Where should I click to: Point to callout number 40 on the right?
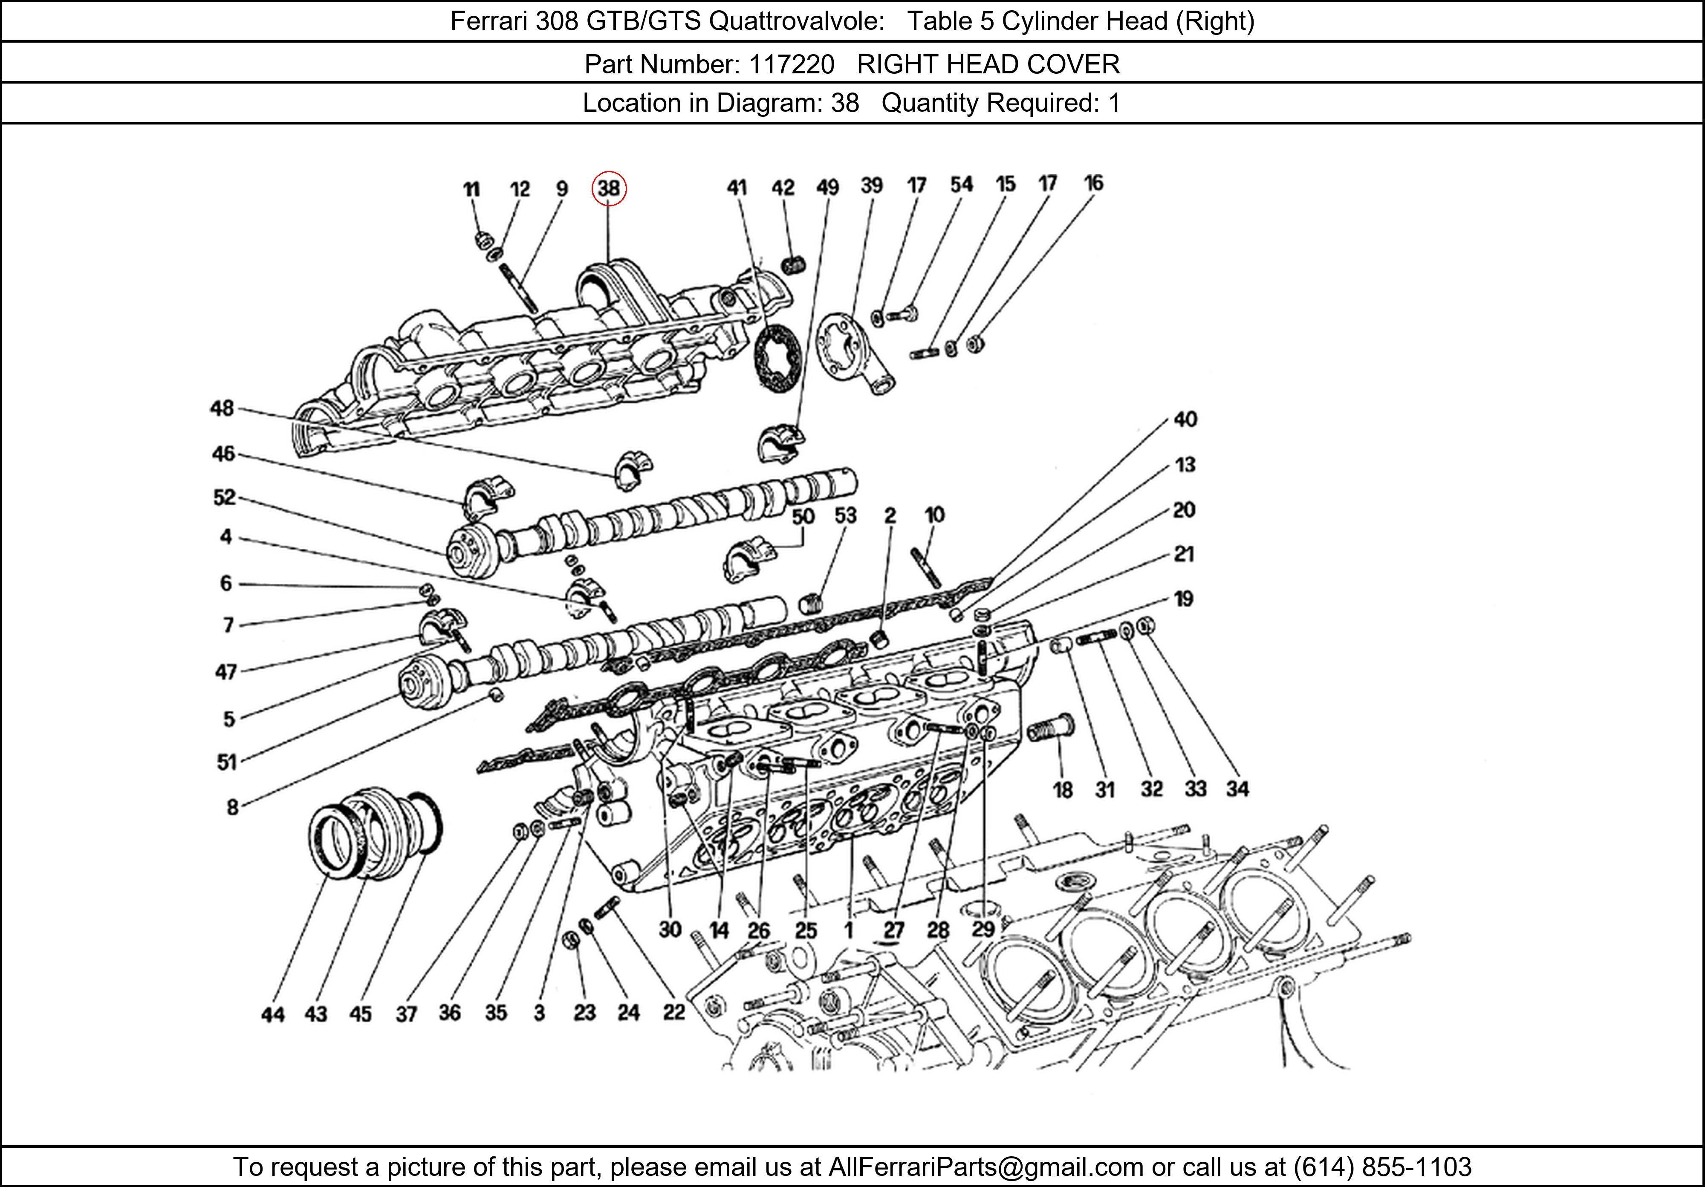[x=1185, y=420]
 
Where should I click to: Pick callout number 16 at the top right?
[x=1093, y=183]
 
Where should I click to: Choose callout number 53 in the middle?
[x=845, y=515]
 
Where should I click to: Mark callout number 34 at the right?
[x=1237, y=789]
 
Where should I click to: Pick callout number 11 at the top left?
[x=471, y=189]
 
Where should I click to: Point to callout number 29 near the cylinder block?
[x=983, y=929]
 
